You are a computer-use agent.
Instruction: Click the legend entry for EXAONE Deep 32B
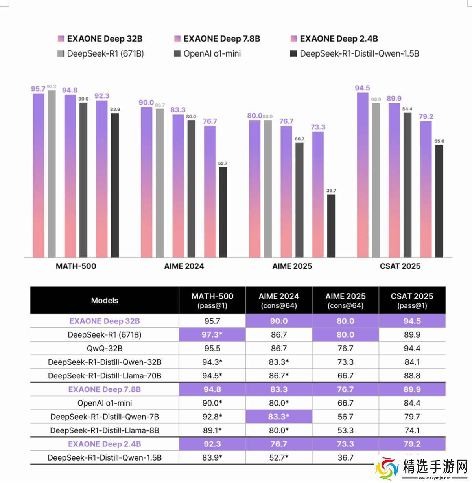100,39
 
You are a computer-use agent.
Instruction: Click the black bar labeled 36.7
331,226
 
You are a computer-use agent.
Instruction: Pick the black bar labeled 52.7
223,212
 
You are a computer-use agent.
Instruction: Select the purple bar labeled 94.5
363,175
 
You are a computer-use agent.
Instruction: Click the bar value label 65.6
439,141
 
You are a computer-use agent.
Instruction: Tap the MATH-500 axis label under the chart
76,266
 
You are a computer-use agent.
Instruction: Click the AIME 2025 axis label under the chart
292,266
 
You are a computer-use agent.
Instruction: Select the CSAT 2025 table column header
412,300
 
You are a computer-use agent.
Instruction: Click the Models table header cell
105,300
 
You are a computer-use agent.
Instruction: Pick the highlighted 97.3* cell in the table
212,335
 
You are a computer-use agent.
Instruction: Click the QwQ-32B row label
105,349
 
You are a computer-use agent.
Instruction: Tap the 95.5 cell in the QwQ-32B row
212,349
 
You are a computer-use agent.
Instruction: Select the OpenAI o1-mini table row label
105,403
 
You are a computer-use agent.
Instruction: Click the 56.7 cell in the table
345,417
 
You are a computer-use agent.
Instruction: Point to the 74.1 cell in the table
412,430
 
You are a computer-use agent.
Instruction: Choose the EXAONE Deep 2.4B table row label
105,444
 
